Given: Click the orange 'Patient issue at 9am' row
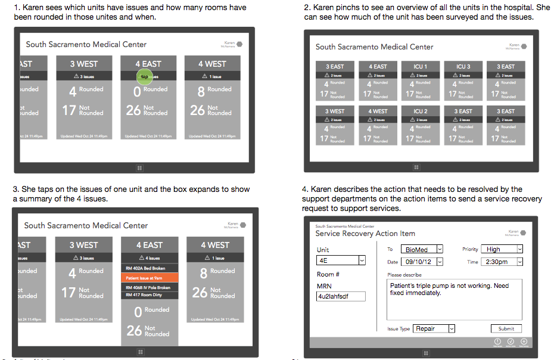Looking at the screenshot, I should [x=150, y=278].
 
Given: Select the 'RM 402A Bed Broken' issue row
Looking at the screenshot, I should [x=150, y=268].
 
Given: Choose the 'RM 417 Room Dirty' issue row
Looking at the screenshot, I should [x=150, y=295].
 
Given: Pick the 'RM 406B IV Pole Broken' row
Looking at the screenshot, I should [x=150, y=287].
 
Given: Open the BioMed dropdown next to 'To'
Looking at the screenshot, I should [x=421, y=249].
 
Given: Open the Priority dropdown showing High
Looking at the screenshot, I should [x=503, y=249].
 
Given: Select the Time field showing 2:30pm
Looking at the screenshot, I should [x=503, y=262].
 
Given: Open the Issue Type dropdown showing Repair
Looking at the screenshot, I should [x=434, y=328].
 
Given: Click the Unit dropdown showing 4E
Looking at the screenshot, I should [x=341, y=260].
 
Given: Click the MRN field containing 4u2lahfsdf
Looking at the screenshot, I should [x=341, y=296].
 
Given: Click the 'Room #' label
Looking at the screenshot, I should [x=328, y=274].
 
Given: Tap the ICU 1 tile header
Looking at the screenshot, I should [x=420, y=67].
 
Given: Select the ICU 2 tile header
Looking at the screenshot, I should [x=420, y=111].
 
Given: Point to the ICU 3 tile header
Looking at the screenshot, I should [x=463, y=67].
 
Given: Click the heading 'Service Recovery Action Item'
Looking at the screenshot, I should [x=365, y=234].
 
